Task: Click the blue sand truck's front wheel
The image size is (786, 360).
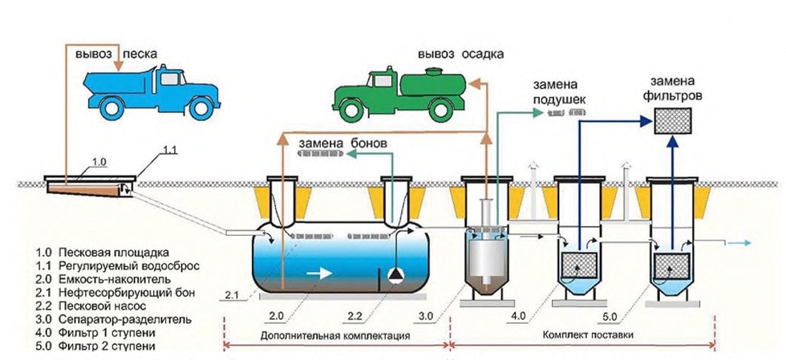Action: click(202, 107)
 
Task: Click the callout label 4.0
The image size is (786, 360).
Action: click(521, 317)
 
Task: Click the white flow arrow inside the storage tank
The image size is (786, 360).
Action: click(320, 273)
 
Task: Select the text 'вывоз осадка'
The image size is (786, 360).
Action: click(461, 55)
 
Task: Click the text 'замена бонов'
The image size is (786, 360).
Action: click(342, 143)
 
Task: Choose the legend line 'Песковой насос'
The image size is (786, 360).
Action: click(93, 305)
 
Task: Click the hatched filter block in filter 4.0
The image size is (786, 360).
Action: click(580, 265)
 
